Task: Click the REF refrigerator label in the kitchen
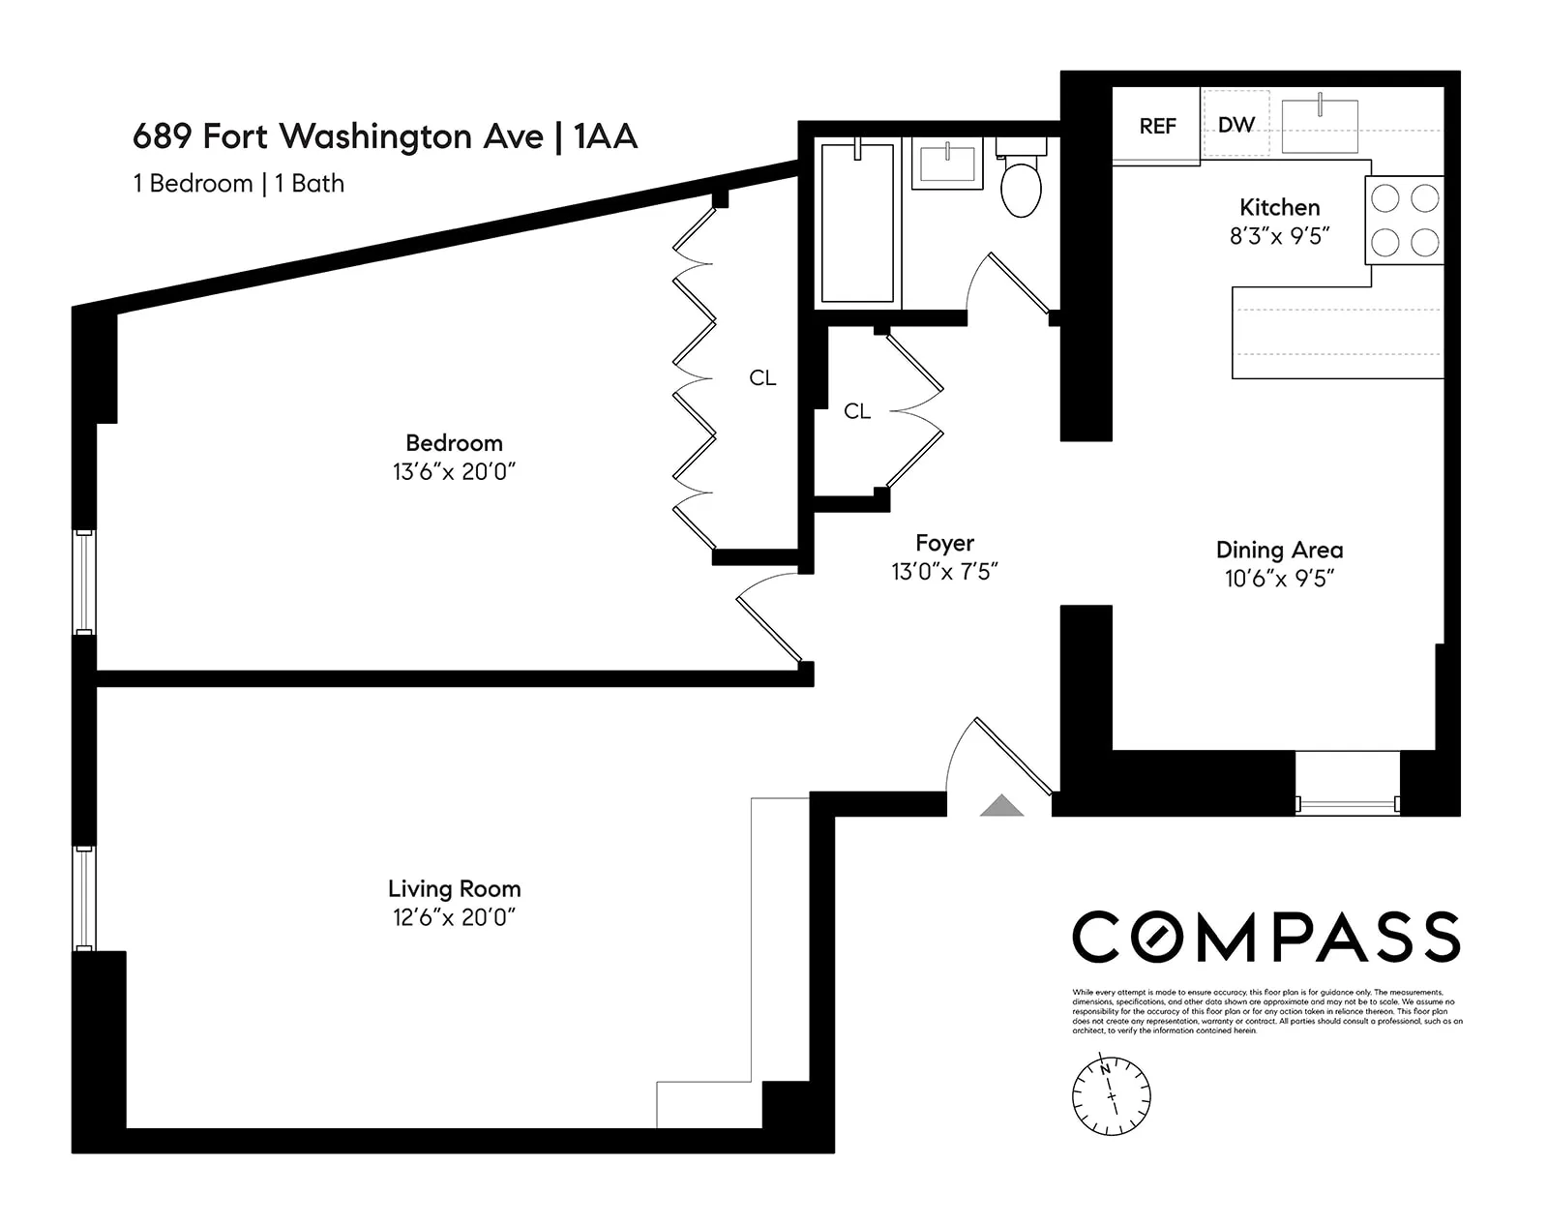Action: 1157,126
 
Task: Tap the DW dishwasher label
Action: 1235,125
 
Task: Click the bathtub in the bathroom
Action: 857,223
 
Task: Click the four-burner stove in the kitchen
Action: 1405,220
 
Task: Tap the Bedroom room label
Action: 454,443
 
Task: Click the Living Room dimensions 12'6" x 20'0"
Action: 454,917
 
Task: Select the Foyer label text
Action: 944,543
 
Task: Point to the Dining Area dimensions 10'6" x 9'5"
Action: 1279,579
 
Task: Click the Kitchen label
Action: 1279,207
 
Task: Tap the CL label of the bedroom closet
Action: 762,378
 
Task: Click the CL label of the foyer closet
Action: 857,411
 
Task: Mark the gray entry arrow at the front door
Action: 1001,805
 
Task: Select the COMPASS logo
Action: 1265,937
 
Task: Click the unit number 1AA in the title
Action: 606,136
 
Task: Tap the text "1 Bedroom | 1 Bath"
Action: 238,183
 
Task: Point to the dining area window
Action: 1347,802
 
